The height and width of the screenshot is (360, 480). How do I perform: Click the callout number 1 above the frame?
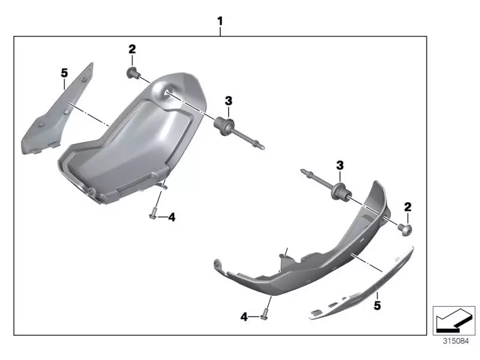pyautogui.click(x=220, y=22)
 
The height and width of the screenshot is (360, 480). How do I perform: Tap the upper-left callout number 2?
pyautogui.click(x=132, y=49)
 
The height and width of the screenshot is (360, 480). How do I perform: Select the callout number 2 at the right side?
pyautogui.click(x=408, y=207)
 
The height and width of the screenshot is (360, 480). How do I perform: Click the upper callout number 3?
pyautogui.click(x=229, y=101)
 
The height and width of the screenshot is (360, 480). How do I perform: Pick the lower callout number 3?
pyautogui.click(x=340, y=166)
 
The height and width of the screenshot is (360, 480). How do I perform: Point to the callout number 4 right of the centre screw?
pyautogui.click(x=172, y=217)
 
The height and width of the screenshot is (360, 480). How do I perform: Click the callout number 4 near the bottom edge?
pyautogui.click(x=244, y=317)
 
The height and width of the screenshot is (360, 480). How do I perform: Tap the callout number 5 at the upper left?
pyautogui.click(x=64, y=73)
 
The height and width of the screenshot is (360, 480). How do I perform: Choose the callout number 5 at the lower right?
pyautogui.click(x=377, y=305)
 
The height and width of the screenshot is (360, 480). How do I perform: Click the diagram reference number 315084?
pyautogui.click(x=456, y=341)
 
